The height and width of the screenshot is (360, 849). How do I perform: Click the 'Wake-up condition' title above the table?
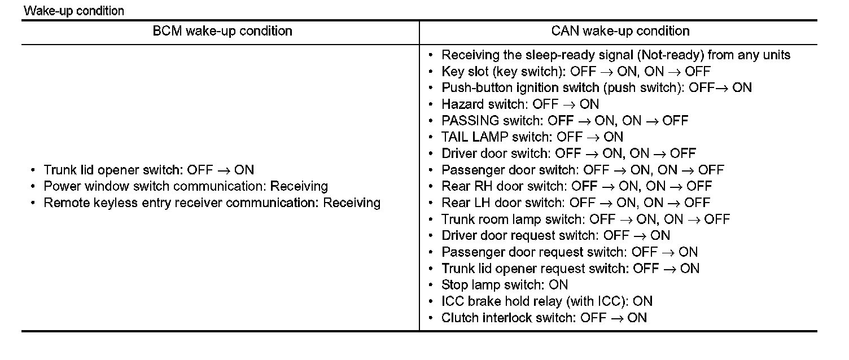click(x=74, y=11)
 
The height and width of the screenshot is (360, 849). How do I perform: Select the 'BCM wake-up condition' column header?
click(x=222, y=31)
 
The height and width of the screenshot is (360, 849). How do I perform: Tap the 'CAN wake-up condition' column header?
click(x=620, y=31)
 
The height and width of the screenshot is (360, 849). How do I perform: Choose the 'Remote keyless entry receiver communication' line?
click(x=212, y=203)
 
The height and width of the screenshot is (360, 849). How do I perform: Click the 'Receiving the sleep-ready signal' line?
click(x=615, y=55)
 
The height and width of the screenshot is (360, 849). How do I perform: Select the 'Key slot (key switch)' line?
click(x=576, y=72)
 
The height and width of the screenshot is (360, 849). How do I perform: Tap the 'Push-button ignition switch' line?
click(x=596, y=88)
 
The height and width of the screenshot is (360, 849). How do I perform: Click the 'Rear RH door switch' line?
click(x=576, y=186)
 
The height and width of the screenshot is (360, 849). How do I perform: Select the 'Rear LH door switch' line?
click(x=575, y=203)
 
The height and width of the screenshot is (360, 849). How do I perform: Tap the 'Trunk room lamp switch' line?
click(x=585, y=219)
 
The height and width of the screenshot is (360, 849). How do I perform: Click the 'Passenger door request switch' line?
click(x=569, y=252)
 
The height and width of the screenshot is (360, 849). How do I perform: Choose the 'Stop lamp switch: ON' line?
click(x=504, y=285)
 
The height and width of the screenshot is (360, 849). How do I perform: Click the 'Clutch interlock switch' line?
click(x=544, y=318)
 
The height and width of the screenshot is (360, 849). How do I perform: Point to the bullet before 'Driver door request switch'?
click(x=431, y=236)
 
